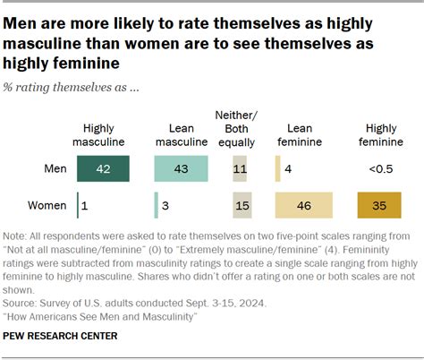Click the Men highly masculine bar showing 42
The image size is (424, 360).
point(104,168)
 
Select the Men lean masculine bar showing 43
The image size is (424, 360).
point(182,168)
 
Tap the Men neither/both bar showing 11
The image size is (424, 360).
point(239,168)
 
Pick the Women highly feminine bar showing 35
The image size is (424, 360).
point(379,205)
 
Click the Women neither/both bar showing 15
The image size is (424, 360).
point(240,205)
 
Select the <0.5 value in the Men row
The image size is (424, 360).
point(379,168)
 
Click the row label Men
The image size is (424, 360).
point(55,168)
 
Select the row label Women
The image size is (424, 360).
point(47,205)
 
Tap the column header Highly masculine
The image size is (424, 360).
point(104,134)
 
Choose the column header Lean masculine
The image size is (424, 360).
point(182,134)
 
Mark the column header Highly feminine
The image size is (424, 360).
point(379,134)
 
